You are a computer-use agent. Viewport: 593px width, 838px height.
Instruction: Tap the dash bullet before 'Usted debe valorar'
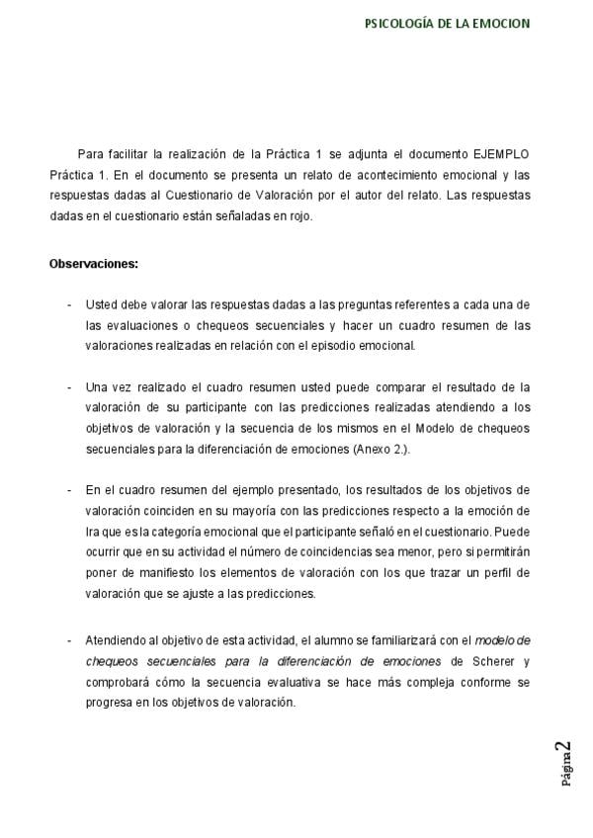(x=67, y=304)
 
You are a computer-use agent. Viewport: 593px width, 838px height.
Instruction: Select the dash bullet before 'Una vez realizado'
(x=67, y=386)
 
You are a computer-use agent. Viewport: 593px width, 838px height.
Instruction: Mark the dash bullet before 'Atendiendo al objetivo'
(x=67, y=641)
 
